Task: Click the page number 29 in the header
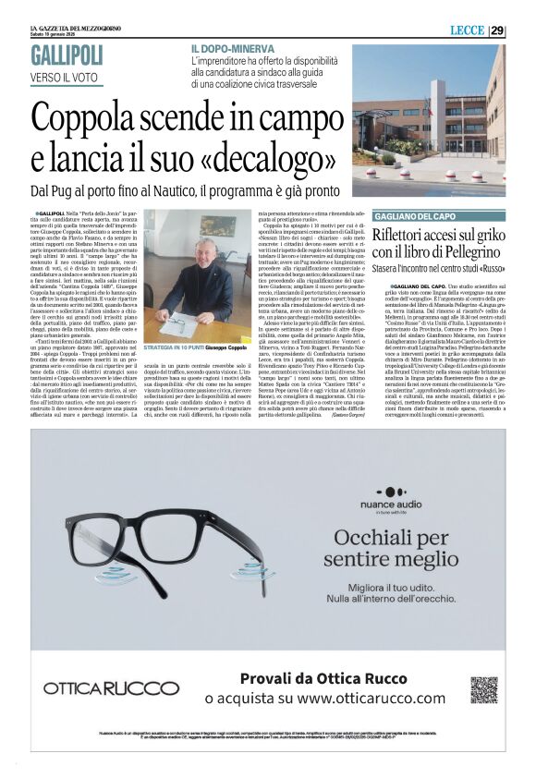click(497, 30)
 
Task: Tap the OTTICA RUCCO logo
click(99, 688)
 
